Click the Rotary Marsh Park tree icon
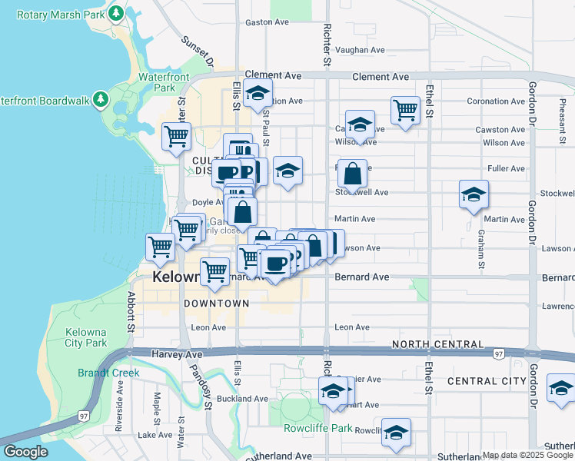pyautogui.click(x=116, y=13)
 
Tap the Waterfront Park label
pyautogui.click(x=159, y=82)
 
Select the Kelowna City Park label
pyautogui.click(x=86, y=337)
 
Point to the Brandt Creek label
pyautogui.click(x=108, y=373)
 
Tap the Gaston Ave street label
pyautogui.click(x=266, y=22)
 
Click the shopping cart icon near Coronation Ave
pyautogui.click(x=405, y=109)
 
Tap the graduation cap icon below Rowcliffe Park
pyautogui.click(x=396, y=432)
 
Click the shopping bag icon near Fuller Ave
pyautogui.click(x=352, y=174)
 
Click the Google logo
pyautogui.click(x=25, y=452)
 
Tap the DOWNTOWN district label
pyautogui.click(x=217, y=303)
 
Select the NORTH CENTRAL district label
pyautogui.click(x=437, y=344)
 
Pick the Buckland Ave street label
pyautogui.click(x=242, y=399)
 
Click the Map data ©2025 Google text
pyautogui.click(x=527, y=455)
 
